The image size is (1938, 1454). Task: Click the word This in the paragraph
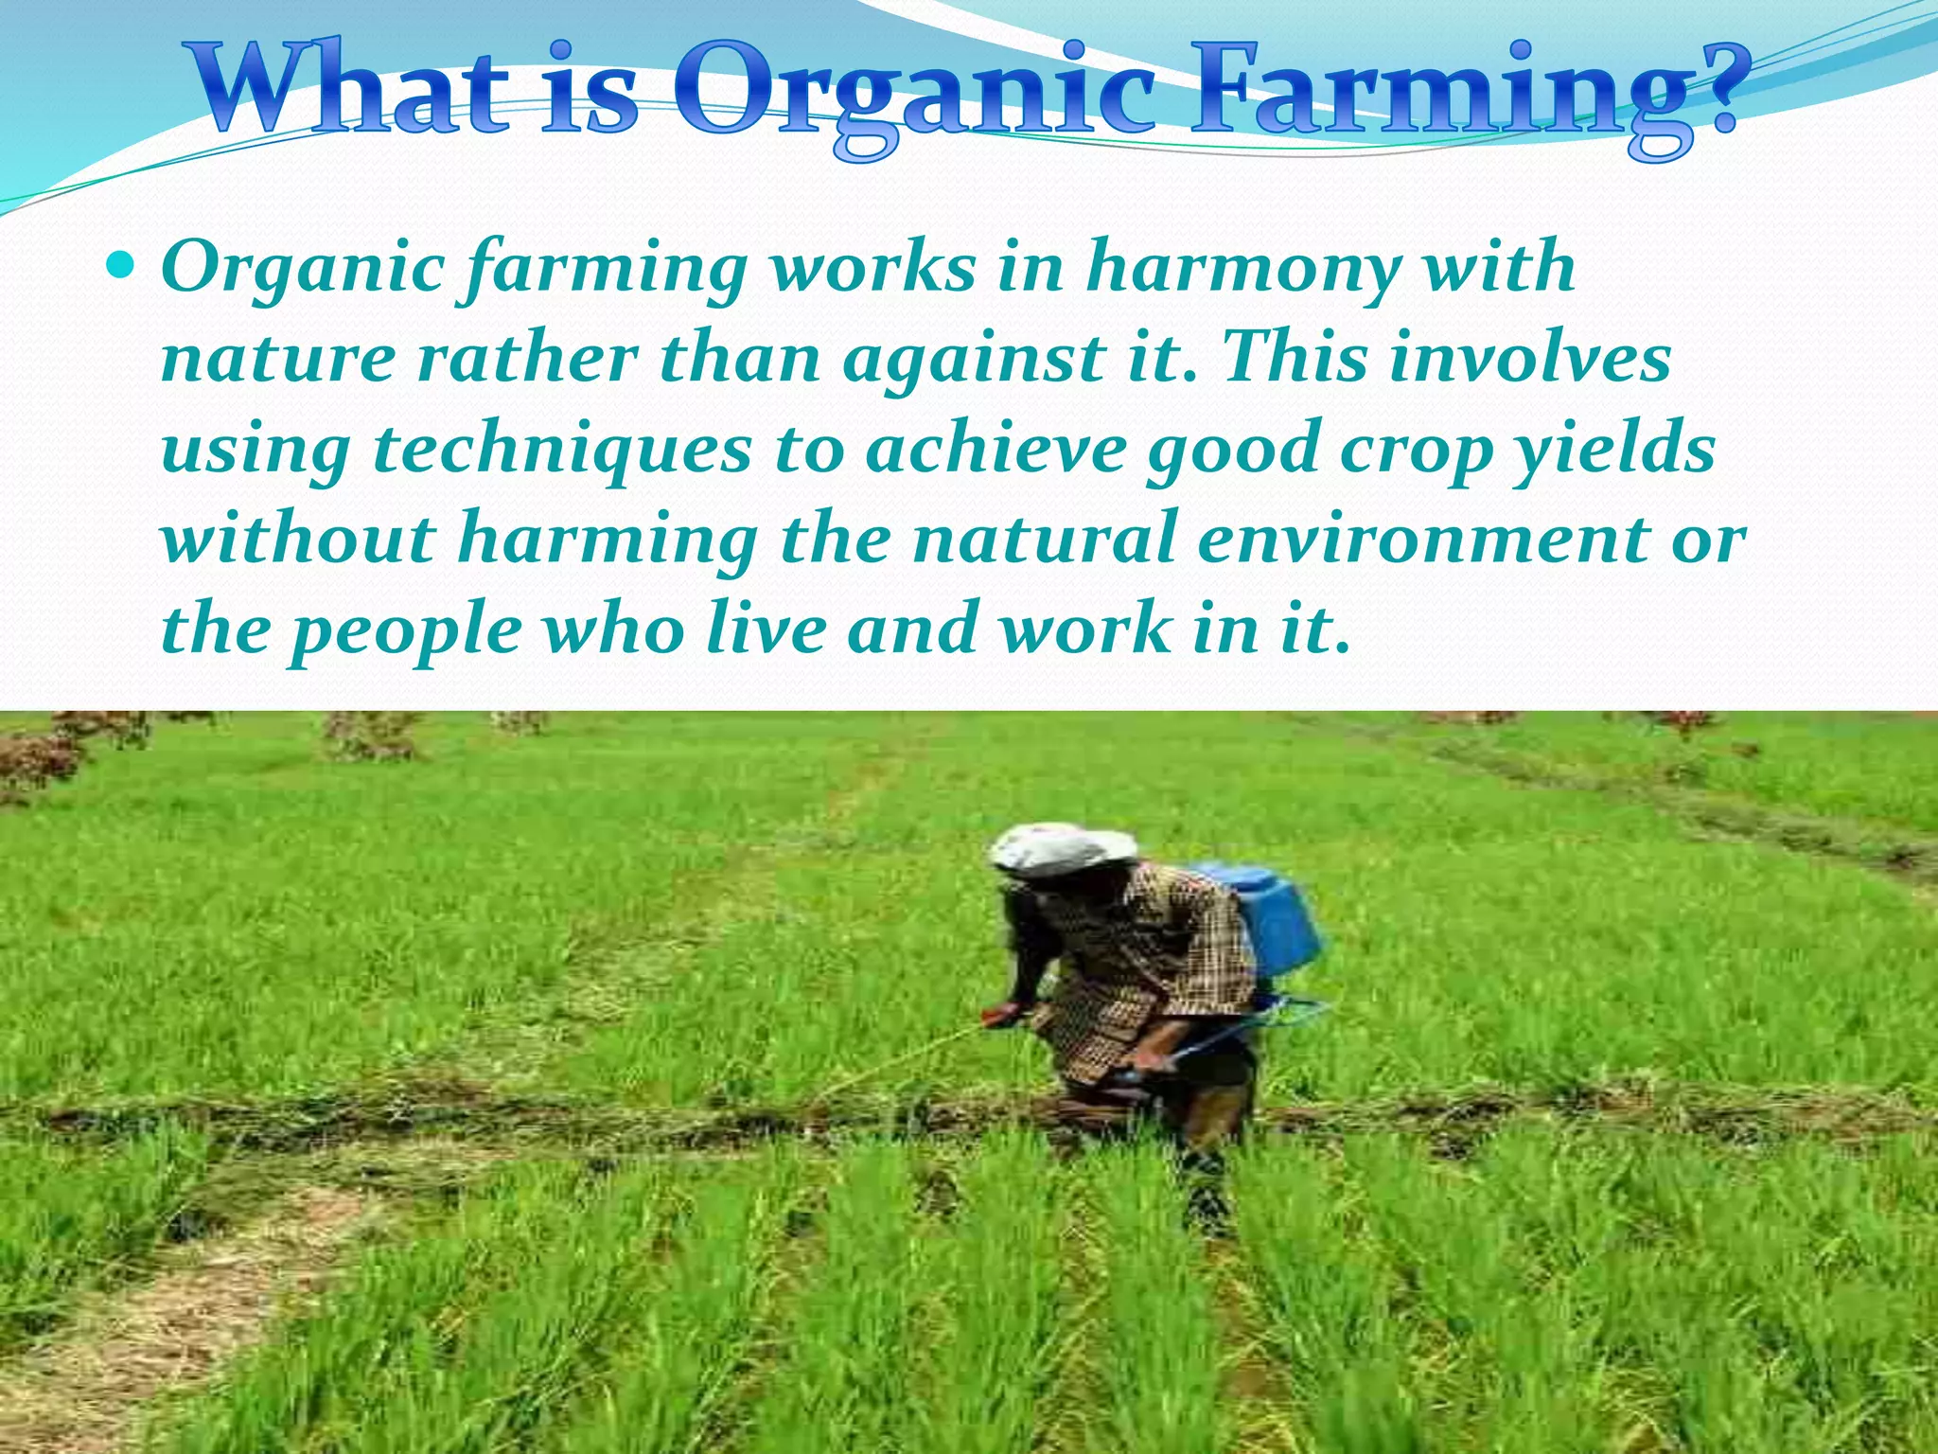1295,359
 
